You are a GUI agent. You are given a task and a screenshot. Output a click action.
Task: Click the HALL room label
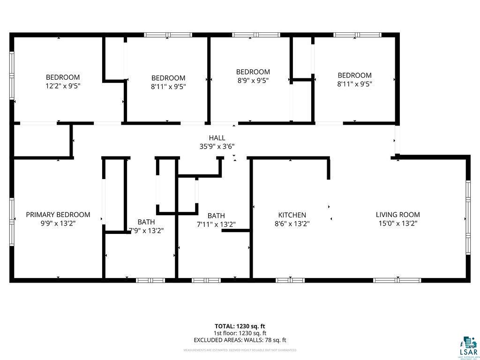217,138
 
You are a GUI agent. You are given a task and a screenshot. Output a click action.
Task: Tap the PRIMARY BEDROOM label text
58,215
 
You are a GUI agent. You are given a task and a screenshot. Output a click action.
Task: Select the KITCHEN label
292,215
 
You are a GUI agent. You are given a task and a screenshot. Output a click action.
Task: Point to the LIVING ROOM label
398,215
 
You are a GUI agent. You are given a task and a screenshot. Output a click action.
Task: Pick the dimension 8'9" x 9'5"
253,80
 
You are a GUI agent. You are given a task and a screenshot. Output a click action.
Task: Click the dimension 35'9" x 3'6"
217,146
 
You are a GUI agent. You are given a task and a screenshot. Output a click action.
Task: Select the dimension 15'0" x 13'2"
398,224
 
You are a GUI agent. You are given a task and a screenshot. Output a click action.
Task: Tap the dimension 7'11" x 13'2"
216,225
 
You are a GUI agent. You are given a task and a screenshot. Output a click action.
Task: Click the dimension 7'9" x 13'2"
146,230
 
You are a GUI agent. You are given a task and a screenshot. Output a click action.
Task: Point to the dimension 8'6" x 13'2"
292,224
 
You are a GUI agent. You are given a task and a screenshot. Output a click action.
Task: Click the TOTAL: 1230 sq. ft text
240,326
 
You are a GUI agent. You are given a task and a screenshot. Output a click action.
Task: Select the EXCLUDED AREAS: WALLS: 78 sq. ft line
240,340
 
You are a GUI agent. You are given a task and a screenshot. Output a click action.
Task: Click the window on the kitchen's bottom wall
290,280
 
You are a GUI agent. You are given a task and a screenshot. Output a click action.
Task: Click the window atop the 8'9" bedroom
256,35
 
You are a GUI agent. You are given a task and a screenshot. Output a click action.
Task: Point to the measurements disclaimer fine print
240,350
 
